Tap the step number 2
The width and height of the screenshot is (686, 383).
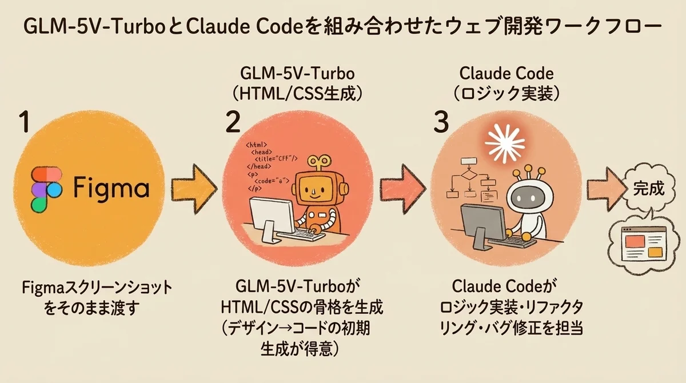[233, 123]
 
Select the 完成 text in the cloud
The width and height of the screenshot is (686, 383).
[649, 189]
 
